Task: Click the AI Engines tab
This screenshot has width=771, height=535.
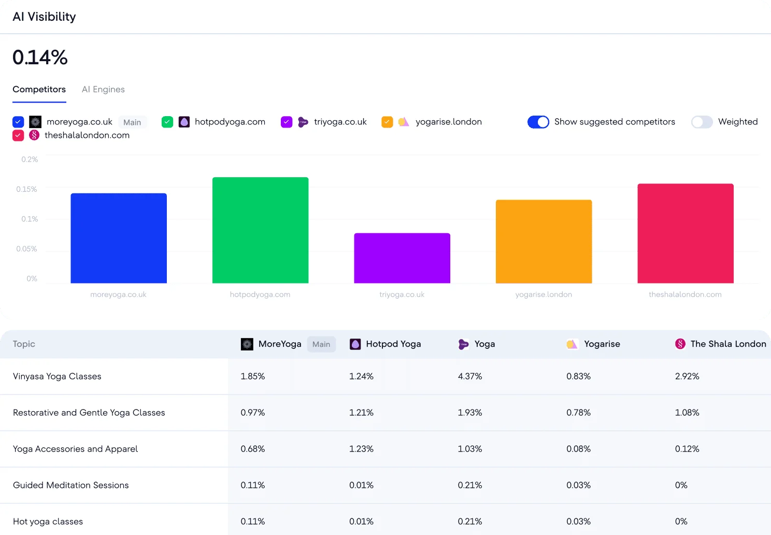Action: coord(103,90)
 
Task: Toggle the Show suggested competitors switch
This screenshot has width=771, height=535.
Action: coord(538,122)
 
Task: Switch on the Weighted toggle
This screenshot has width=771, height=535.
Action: coord(702,122)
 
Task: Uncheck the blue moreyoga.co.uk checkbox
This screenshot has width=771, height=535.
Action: coord(18,122)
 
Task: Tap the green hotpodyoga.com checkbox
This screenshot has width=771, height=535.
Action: coord(167,122)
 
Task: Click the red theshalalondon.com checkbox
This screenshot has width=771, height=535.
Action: coord(18,135)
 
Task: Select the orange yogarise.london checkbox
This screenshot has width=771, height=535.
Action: coord(387,122)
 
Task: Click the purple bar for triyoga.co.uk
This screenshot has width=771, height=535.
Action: coord(402,258)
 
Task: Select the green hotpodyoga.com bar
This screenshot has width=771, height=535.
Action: coord(260,230)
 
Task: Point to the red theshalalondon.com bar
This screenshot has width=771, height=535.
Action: coord(686,233)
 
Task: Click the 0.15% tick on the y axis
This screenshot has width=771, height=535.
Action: coord(26,189)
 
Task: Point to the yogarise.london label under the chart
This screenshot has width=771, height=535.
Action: coord(544,294)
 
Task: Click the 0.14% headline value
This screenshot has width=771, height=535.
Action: coord(40,57)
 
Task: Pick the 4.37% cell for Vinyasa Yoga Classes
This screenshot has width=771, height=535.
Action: coord(470,376)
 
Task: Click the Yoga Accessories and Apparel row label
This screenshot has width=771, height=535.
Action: coord(75,449)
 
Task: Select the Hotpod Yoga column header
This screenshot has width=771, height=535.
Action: coord(393,344)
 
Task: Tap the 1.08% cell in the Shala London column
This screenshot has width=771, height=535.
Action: coord(687,413)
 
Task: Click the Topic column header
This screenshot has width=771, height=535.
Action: coord(24,344)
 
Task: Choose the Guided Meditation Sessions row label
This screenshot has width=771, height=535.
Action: coord(70,485)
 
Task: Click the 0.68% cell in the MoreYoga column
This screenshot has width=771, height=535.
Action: coord(253,449)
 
